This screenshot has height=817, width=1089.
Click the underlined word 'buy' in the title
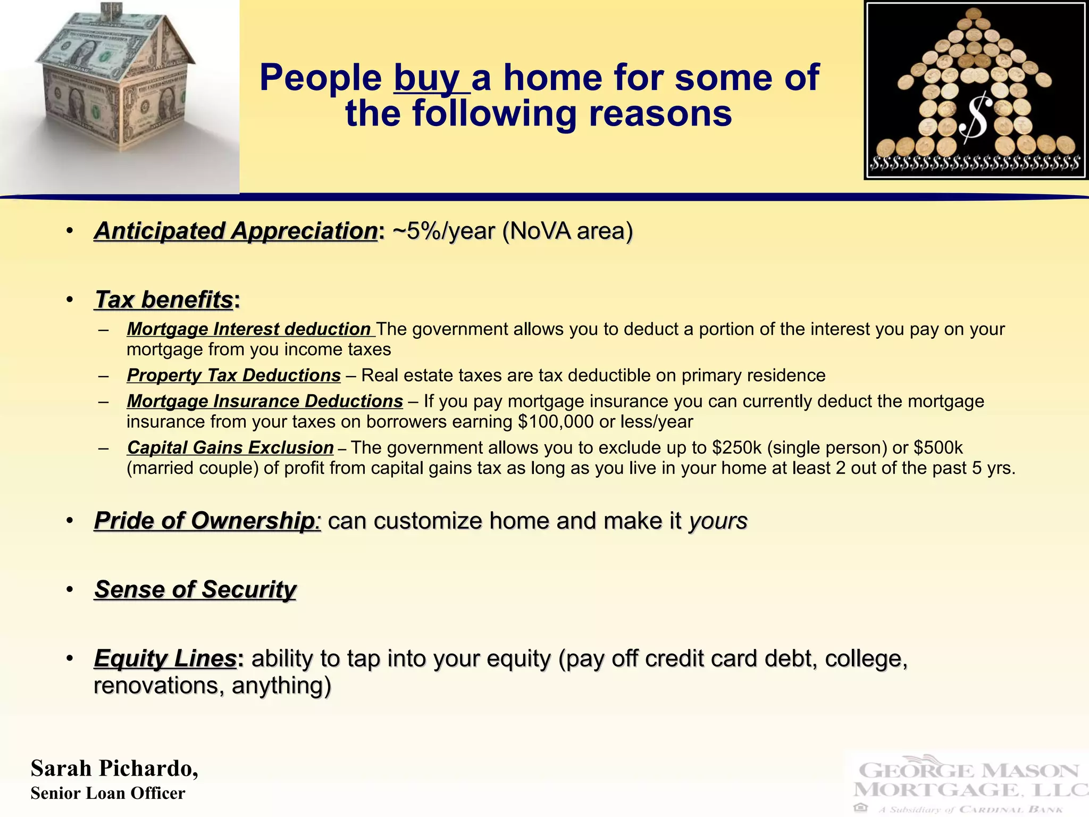coord(427,78)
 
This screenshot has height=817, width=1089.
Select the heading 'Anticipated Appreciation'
coord(236,231)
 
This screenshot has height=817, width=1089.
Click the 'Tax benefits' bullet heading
coord(164,299)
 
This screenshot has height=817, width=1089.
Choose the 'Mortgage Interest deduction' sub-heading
coord(248,329)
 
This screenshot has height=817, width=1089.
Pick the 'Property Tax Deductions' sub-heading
coord(233,376)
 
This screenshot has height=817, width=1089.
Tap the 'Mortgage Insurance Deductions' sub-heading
coord(265,401)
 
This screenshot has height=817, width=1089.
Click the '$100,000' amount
coord(556,422)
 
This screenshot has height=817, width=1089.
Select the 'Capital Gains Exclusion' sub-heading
coord(230,448)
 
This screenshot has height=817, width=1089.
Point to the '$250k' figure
coord(737,448)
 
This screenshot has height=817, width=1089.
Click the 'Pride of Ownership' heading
coord(204,521)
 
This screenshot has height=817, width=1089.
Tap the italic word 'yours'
coord(718,521)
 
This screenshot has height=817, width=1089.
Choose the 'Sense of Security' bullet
coord(195,589)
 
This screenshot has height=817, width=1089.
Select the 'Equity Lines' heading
coord(165,658)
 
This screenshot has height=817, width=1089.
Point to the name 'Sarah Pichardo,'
coord(114,769)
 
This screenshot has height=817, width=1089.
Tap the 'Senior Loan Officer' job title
coord(108,793)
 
